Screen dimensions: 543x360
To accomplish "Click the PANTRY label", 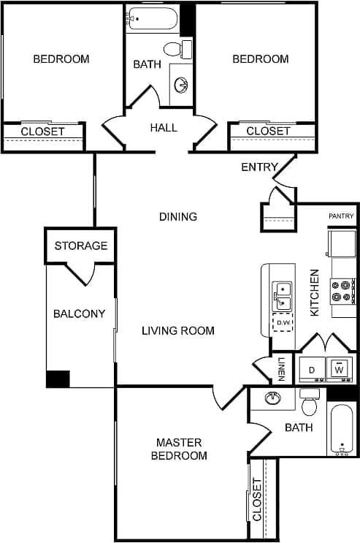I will pyautogui.click(x=341, y=216).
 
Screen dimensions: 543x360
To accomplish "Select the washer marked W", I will pyautogui.click(x=339, y=369).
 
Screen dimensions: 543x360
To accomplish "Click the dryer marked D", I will pyautogui.click(x=312, y=370).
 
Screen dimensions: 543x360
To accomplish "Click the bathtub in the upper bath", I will pyautogui.click(x=153, y=19).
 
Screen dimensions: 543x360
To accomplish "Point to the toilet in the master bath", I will pyautogui.click(x=310, y=405).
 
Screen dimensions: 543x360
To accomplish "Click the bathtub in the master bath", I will pyautogui.click(x=341, y=430).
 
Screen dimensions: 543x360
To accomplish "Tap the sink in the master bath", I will pyautogui.click(x=273, y=398).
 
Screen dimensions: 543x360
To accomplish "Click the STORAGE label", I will pyautogui.click(x=81, y=246).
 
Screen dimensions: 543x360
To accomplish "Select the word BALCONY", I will pyautogui.click(x=79, y=314).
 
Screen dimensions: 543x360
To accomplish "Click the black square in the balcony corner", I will pyautogui.click(x=58, y=379).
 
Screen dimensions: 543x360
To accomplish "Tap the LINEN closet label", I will pyautogui.click(x=281, y=369).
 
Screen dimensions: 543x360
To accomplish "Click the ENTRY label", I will pyautogui.click(x=259, y=167).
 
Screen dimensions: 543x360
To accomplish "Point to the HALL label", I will pyautogui.click(x=164, y=128).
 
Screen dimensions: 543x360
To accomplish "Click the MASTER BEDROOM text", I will pyautogui.click(x=179, y=449).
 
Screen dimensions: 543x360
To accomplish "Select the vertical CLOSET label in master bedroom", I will pyautogui.click(x=256, y=498).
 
